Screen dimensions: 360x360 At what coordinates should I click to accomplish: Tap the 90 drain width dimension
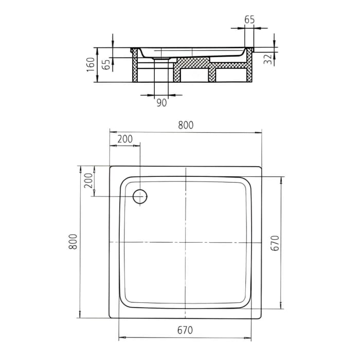[x=161, y=103]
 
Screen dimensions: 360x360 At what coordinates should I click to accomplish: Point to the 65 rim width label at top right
[x=249, y=20]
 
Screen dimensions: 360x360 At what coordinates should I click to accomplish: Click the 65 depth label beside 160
[x=105, y=64]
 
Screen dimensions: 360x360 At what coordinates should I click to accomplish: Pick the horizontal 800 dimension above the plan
[x=186, y=125]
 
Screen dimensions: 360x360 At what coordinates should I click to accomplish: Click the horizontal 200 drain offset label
[x=124, y=139]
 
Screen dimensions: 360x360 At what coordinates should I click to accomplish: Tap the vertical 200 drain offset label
[x=88, y=181]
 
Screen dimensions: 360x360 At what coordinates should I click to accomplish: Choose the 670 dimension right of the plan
[x=275, y=243]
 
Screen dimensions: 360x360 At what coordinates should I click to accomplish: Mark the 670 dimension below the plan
[x=186, y=330]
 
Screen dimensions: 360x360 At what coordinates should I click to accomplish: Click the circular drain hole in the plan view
[x=140, y=196]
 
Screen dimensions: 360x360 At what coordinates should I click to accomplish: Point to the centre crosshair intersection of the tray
[x=186, y=242]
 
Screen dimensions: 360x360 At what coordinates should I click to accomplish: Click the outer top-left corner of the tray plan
[x=110, y=167]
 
